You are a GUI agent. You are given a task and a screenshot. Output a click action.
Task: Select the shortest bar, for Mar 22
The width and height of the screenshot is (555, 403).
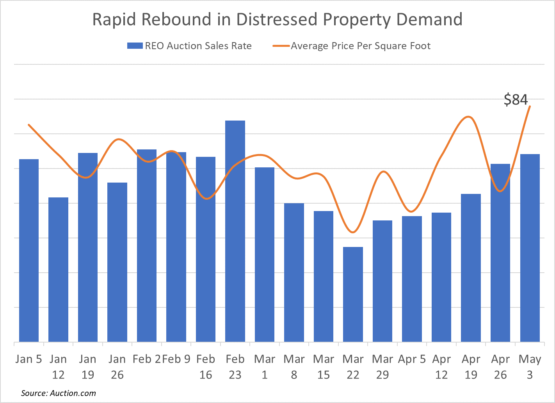pos(353,294)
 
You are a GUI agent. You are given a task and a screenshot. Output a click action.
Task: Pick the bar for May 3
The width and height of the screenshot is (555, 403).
pos(530,248)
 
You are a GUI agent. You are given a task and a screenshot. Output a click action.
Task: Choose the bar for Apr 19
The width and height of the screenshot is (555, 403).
pos(471,268)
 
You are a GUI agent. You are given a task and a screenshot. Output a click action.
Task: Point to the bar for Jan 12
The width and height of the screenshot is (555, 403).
pos(58,270)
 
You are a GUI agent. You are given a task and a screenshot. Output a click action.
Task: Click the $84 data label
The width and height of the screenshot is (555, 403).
pos(516,100)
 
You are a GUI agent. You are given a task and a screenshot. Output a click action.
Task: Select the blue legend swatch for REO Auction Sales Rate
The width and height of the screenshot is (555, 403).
pos(135,46)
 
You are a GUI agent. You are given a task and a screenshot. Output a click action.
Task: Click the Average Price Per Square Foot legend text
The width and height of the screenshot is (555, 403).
pos(361,46)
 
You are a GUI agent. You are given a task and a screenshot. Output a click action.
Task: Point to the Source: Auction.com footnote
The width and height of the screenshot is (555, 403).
pos(58,393)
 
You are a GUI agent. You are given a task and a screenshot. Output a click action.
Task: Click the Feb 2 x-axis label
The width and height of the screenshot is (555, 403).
pos(146,359)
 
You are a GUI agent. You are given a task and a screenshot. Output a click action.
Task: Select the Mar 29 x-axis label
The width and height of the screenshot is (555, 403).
pos(382,367)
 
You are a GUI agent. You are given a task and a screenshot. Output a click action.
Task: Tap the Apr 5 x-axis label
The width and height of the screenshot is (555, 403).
pos(412,359)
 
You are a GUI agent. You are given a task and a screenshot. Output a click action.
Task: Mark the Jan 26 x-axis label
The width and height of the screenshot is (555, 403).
pos(117,367)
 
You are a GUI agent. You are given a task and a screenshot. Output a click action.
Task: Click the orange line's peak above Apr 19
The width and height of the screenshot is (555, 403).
pos(468,117)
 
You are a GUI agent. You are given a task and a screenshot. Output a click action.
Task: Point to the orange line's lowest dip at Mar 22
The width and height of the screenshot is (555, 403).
pos(353,233)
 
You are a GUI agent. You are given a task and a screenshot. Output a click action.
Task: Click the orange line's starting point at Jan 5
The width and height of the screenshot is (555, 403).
pos(29,125)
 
